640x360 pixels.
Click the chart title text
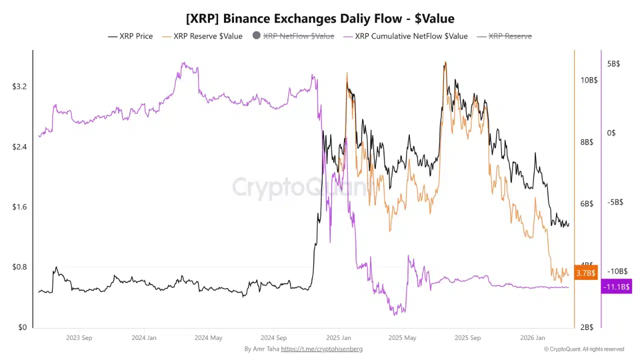coord(320,18)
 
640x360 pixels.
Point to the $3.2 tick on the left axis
coord(19,86)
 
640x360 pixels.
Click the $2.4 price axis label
coord(19,147)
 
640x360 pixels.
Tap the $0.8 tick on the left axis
coord(19,267)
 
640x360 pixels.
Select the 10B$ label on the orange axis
coord(588,80)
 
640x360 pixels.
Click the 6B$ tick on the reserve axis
coord(586,203)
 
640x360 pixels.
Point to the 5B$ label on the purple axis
coord(613,64)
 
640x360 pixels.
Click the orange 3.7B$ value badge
coord(585,272)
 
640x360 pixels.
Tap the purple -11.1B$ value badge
coord(616,286)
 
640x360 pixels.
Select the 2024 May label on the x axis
coord(209,338)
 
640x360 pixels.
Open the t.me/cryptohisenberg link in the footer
coord(321,349)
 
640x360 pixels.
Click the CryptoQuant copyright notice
coord(584,349)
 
